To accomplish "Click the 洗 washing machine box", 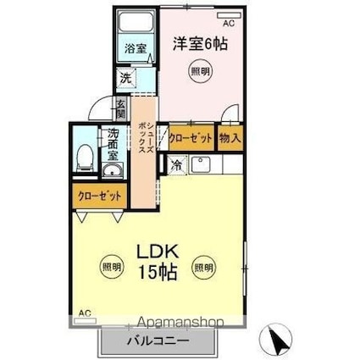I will pos(125,78).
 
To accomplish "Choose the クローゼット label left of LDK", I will pos(98,197).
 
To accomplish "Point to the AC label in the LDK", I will pos(85,314).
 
